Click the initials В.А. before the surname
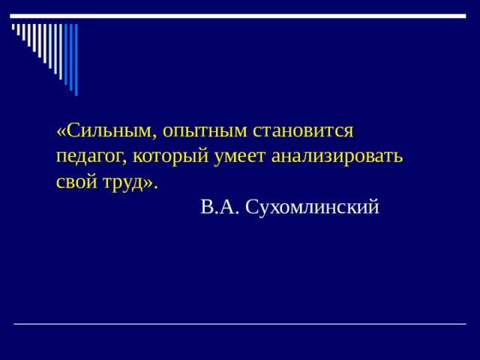(x=220, y=207)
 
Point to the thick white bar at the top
(x=240, y=16)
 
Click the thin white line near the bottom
(x=240, y=323)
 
